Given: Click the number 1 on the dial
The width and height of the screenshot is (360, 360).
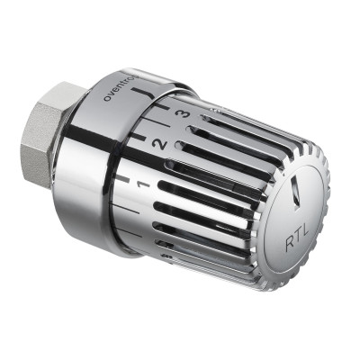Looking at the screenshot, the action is (x=143, y=184).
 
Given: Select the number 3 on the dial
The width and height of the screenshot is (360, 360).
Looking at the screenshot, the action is (x=182, y=114).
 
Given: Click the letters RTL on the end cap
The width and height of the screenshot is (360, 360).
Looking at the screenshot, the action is (x=297, y=237).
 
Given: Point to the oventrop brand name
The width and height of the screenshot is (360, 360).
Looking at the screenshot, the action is (x=121, y=87).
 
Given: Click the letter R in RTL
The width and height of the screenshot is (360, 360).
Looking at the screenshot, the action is (x=290, y=245).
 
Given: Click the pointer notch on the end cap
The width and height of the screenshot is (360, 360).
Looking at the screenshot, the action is (x=295, y=192).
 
